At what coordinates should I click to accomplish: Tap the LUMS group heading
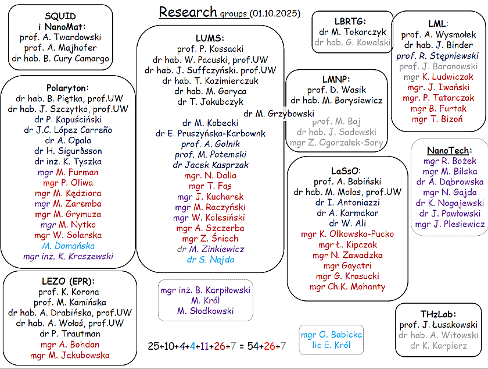point(210,38)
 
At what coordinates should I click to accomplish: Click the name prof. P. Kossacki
point(210,49)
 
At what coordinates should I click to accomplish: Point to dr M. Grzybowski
point(278,113)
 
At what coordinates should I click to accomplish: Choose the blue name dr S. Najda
point(210,260)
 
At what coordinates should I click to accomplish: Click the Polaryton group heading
point(68,88)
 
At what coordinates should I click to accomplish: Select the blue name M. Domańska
point(68,245)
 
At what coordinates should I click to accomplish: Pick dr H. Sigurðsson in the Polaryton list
point(68,151)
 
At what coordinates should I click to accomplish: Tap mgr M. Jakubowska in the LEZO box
point(70,355)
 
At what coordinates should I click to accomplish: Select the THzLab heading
point(439,313)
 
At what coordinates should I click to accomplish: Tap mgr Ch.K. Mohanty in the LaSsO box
point(347,286)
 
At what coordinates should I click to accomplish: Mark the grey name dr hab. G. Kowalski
point(352,42)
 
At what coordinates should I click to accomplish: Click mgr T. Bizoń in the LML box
point(437,119)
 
